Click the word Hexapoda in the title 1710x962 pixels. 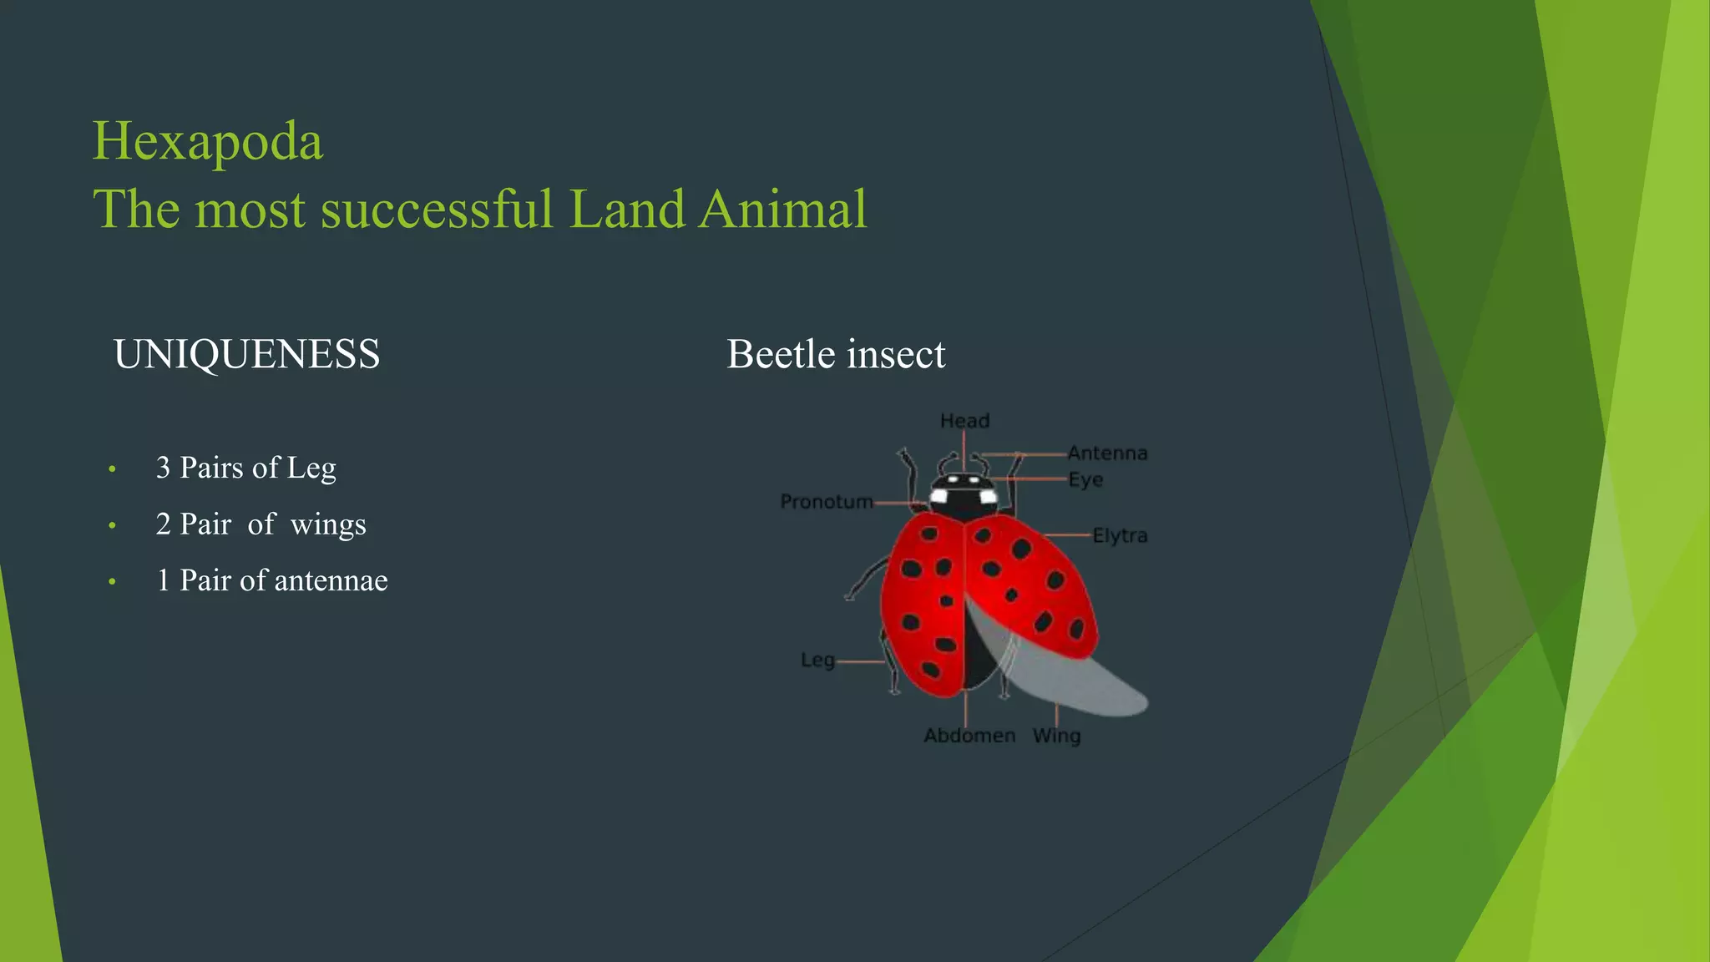207,141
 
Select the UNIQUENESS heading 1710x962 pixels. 246,354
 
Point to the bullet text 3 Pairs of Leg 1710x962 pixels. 245,468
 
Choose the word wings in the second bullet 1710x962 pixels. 328,524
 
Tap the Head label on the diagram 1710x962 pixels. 964,421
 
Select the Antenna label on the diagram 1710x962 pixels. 1107,453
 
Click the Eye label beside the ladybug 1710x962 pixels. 1085,480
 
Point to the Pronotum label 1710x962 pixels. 826,502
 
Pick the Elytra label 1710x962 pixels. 1120,535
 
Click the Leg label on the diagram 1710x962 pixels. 817,661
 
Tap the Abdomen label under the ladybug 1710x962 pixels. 969,736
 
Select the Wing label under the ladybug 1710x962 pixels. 1056,736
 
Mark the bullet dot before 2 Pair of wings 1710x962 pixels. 112,525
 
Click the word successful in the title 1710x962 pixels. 436,209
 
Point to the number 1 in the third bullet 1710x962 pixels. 163,580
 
